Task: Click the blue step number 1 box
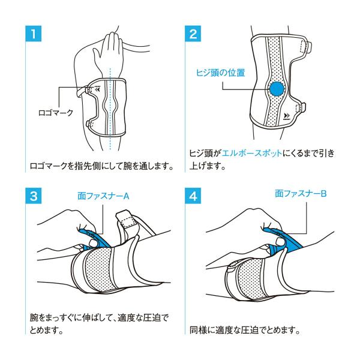[x=33, y=34]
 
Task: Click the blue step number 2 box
[x=193, y=34]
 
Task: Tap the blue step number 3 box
[x=33, y=196]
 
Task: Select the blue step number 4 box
[x=193, y=196]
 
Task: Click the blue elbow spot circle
[x=277, y=89]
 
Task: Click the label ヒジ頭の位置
[x=220, y=73]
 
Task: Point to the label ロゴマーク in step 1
[x=56, y=113]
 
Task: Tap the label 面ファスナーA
[x=103, y=196]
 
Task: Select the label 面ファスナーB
[x=301, y=194]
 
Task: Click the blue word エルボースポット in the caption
[x=252, y=153]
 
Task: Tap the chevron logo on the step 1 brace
[x=98, y=89]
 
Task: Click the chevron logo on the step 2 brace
[x=287, y=116]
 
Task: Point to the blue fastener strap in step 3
[x=97, y=240]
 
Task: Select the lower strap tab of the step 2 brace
[x=301, y=110]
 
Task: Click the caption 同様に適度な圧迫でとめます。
[x=245, y=331]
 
